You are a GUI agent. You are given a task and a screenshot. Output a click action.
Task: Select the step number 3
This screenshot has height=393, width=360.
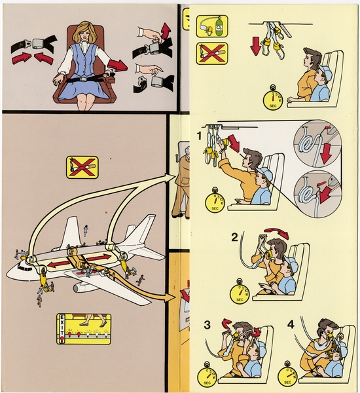point(206,324)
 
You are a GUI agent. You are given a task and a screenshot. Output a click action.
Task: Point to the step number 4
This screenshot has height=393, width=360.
point(289,324)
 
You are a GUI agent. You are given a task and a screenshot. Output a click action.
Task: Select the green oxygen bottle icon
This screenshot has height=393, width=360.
point(213,26)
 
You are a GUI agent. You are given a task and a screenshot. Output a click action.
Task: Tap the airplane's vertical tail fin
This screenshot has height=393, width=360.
point(140,229)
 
